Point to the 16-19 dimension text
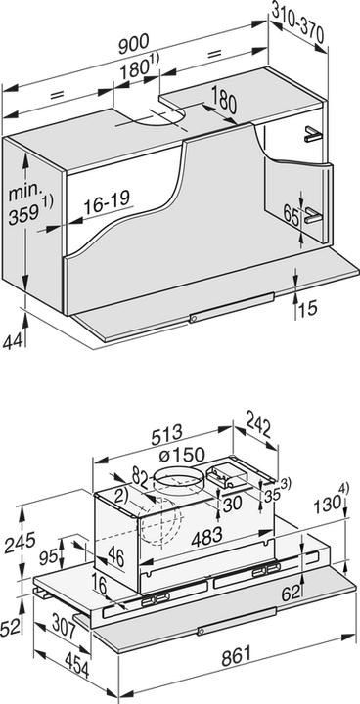105,205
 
